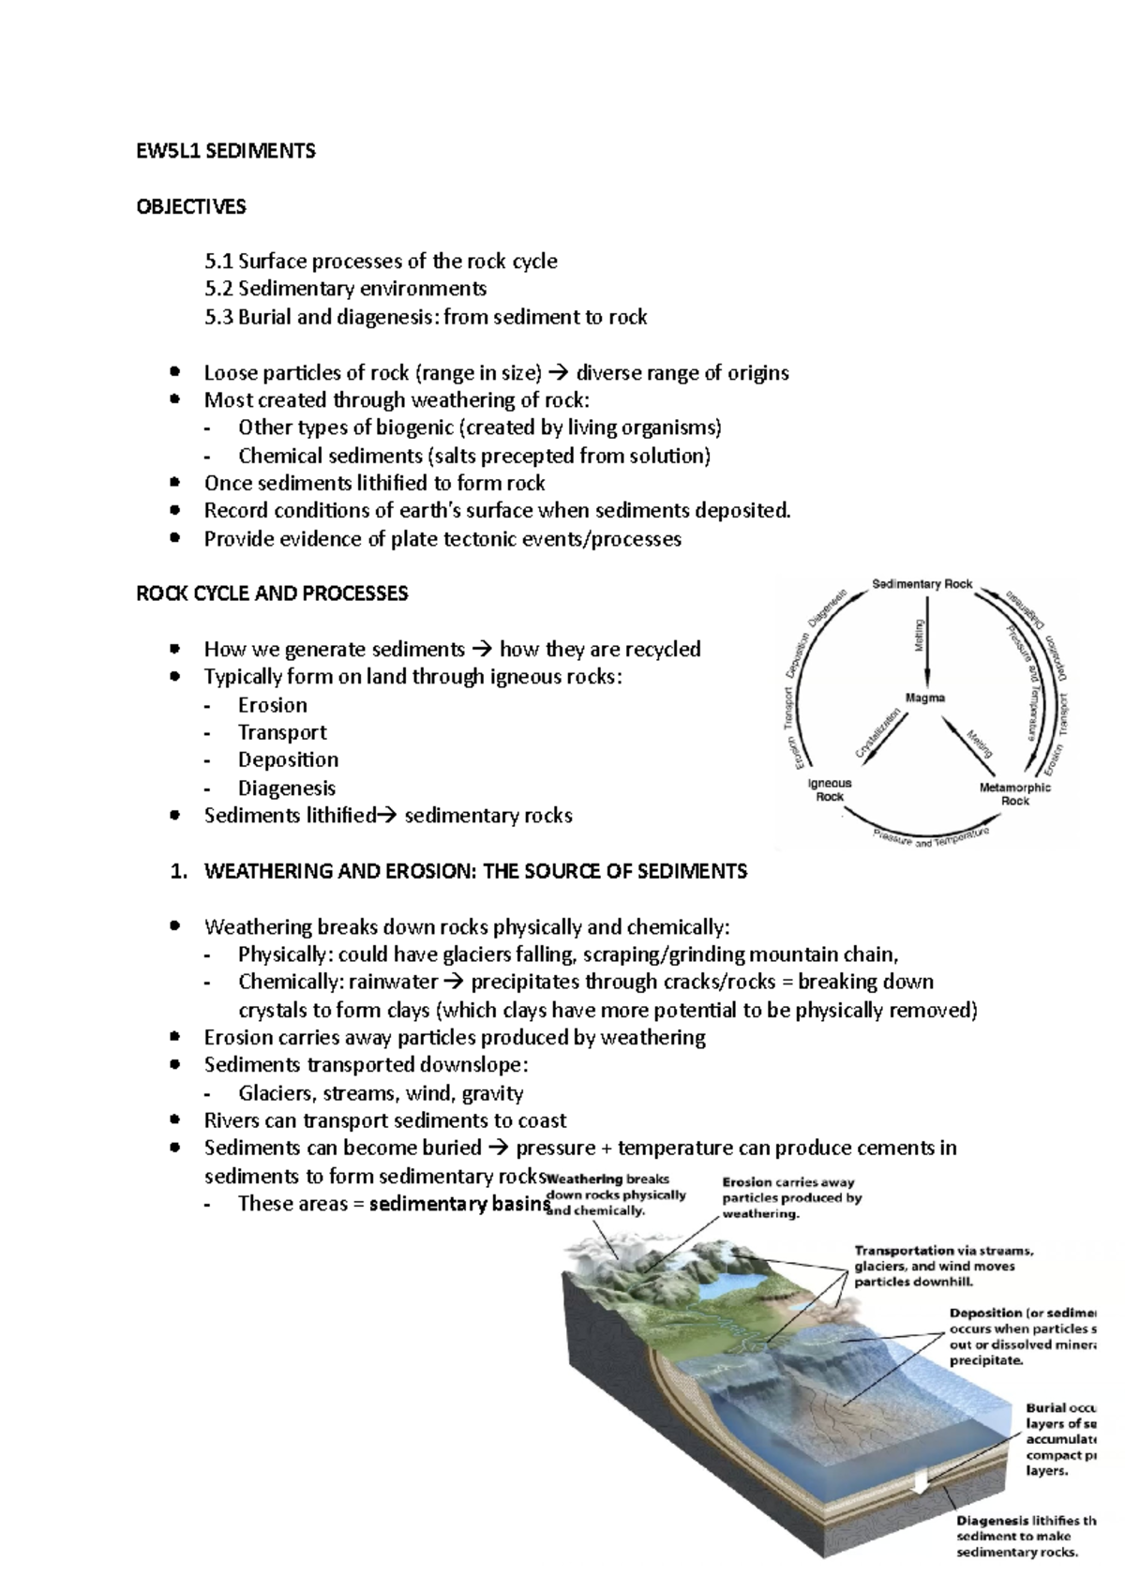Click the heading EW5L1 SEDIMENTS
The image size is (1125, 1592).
226,151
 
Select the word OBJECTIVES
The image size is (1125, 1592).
191,206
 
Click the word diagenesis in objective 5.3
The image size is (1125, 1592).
388,317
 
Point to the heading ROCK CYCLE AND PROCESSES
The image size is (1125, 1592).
272,593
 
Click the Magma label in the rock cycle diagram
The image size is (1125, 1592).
925,698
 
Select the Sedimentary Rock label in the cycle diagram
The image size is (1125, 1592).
922,584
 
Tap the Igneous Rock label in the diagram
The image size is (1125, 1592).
830,789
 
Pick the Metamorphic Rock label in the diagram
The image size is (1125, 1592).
1015,794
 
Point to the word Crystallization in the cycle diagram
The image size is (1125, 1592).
878,734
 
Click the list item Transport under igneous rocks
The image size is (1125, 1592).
281,732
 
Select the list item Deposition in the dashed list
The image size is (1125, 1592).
288,759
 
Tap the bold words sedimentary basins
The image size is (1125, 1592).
458,1204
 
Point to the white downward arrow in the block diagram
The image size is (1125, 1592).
921,1481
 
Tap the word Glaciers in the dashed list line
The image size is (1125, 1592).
277,1093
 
